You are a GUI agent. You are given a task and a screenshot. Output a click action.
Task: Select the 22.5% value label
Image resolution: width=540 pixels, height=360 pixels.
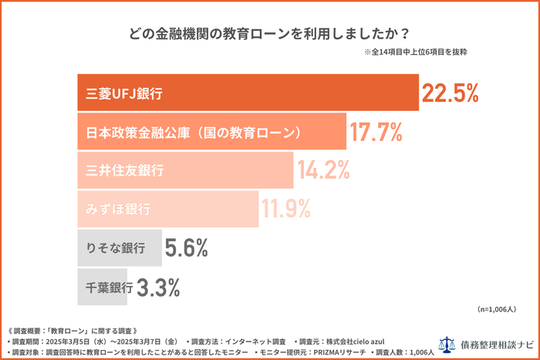coord(451,93)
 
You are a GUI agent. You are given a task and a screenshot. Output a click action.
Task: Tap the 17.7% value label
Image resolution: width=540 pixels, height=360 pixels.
coord(376,133)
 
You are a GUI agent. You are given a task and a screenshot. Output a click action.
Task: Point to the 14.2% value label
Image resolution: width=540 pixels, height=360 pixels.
coord(325,170)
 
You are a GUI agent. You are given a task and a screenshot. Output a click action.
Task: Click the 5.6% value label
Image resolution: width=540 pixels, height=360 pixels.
coord(184,248)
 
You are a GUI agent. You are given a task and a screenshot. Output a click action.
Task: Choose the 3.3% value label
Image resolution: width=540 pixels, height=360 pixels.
coord(158,288)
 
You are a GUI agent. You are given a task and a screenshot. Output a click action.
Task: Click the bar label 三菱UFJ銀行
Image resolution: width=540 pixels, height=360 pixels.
coord(123,94)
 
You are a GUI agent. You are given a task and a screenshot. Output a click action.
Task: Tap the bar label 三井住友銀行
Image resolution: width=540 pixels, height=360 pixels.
coord(123,170)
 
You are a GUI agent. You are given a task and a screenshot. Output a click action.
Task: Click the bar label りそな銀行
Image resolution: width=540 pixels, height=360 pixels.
coord(116,248)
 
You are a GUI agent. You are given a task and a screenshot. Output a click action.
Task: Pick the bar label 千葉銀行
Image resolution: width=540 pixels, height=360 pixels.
coord(109,288)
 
